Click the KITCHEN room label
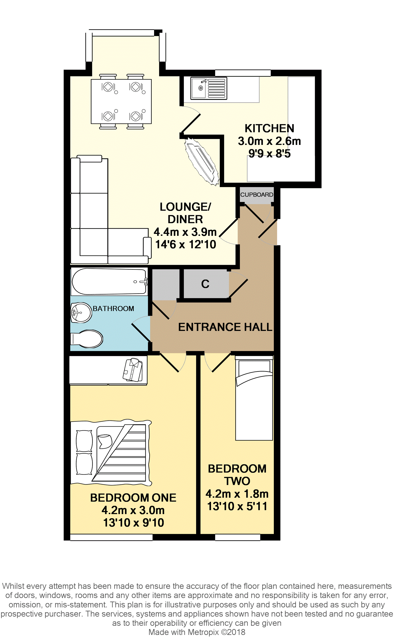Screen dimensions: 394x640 pyautogui.click(x=269, y=128)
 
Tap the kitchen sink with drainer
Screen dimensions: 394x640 pyautogui.click(x=209, y=88)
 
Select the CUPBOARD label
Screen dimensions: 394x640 pyautogui.click(x=257, y=195)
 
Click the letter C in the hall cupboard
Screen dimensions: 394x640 pyautogui.click(x=205, y=284)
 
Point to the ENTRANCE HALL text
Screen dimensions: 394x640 pyautogui.click(x=225, y=327)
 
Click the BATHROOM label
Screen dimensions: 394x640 pyautogui.click(x=113, y=309)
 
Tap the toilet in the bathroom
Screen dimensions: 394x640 pyautogui.click(x=87, y=339)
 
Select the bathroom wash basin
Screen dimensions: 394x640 pyautogui.click(x=81, y=312)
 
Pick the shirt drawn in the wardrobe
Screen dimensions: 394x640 pyautogui.click(x=133, y=370)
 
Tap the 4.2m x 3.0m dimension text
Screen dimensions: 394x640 pyautogui.click(x=133, y=510)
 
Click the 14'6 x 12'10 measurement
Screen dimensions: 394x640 pyautogui.click(x=186, y=244)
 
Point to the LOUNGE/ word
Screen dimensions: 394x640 pyautogui.click(x=185, y=207)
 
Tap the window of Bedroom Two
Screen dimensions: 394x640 pyautogui.click(x=238, y=537)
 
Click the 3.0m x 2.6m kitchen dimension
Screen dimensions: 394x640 pyautogui.click(x=269, y=141)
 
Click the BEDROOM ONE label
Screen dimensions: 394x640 pyautogui.click(x=133, y=498)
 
